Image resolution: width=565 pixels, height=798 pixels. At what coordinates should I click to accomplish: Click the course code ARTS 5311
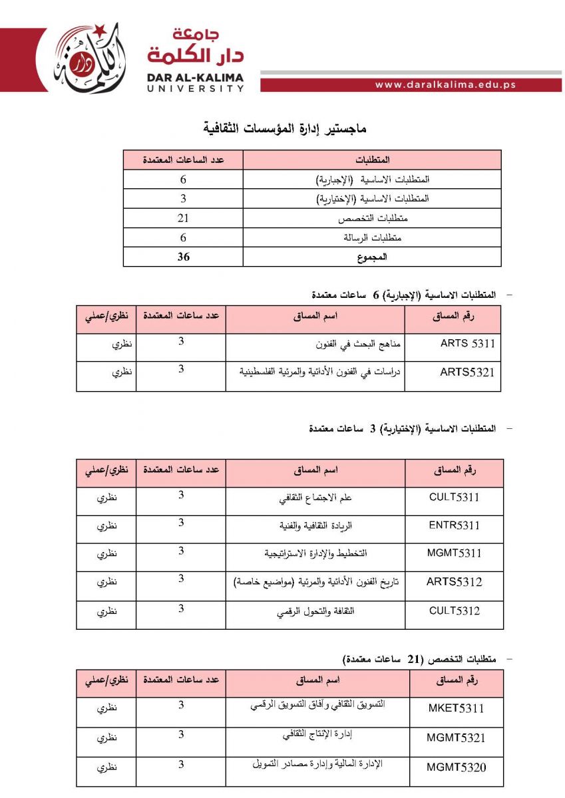[468, 344]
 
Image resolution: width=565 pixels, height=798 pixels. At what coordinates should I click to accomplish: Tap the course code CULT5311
[455, 497]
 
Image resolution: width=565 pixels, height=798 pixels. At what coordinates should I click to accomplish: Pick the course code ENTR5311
[455, 525]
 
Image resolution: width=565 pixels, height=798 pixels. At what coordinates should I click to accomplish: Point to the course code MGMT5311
[455, 553]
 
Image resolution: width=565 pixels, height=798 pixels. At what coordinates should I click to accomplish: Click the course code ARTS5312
[455, 582]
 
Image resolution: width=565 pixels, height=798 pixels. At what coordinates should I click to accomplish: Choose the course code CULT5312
[455, 610]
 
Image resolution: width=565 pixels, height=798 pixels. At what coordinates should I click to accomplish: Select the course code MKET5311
[456, 708]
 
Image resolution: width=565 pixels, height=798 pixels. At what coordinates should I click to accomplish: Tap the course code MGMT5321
[456, 737]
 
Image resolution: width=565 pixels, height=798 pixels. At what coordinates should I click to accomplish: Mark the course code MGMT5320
[456, 767]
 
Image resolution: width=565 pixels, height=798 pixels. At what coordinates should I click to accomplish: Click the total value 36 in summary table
[183, 257]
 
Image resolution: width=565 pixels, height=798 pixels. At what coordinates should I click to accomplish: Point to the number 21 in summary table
[184, 218]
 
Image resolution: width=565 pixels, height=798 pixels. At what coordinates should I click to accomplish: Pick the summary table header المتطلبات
[373, 160]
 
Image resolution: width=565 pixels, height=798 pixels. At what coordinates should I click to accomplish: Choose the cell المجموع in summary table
[373, 257]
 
